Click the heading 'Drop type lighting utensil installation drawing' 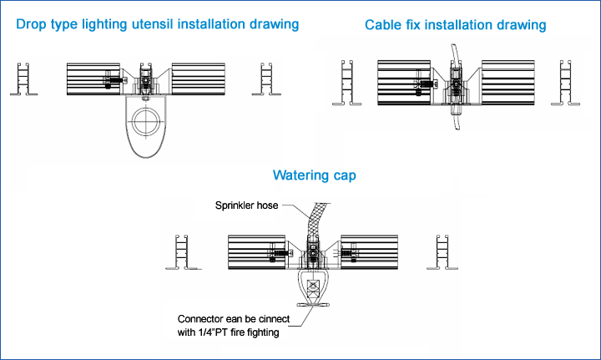tap(158, 24)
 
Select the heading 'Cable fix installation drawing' tap(456, 25)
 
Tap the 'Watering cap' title tap(315, 175)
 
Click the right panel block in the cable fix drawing tap(508, 80)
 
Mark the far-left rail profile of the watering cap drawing tap(183, 252)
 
